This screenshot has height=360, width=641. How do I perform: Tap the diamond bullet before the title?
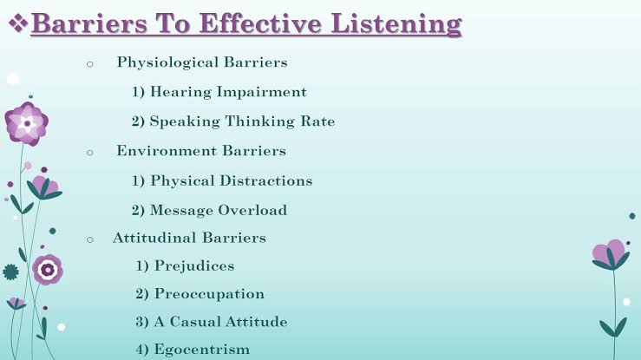click(18, 23)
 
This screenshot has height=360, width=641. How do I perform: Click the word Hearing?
click(180, 92)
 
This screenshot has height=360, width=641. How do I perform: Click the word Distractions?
click(266, 180)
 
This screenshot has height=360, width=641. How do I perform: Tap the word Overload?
click(252, 210)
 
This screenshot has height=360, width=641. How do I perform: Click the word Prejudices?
click(194, 266)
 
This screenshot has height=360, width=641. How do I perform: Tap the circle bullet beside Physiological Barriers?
click(90, 64)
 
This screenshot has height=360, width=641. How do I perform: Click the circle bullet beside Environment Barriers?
click(90, 153)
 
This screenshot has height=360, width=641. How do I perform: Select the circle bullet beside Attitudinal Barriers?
click(90, 240)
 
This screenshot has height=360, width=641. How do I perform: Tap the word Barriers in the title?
click(89, 23)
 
